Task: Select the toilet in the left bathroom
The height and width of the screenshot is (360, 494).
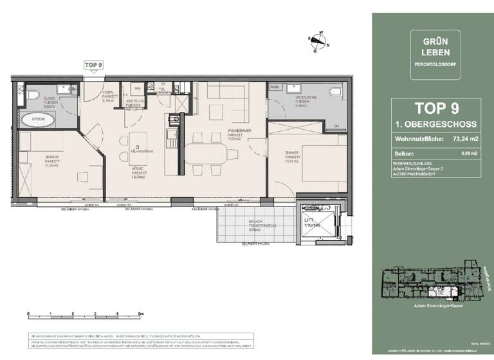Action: click(32, 95)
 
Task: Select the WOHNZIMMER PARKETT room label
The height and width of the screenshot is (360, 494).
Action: click(230, 134)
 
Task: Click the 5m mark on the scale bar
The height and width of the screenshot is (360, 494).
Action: click(141, 313)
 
